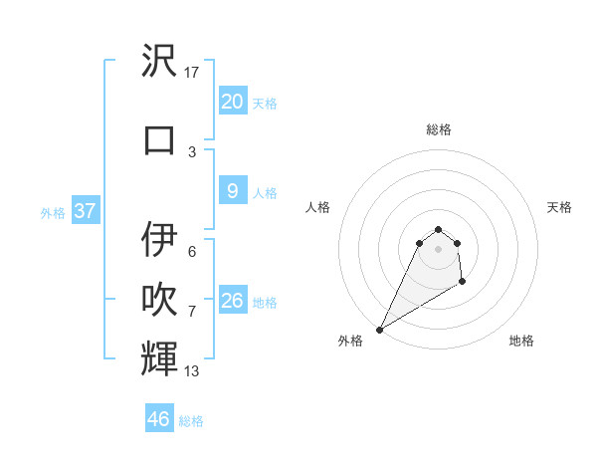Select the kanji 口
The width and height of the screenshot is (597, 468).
[160, 139]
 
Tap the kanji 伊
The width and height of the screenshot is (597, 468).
[160, 240]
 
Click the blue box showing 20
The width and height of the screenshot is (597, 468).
[232, 102]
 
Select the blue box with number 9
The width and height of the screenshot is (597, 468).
[232, 191]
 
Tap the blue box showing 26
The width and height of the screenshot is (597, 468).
[232, 301]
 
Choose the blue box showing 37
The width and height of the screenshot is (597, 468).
[86, 211]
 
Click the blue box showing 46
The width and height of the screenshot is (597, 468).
[159, 419]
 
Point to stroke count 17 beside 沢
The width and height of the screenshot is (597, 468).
[192, 73]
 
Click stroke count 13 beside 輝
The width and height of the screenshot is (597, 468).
[192, 371]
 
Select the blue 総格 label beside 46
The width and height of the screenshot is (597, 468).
[191, 421]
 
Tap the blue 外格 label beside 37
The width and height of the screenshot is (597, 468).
[53, 212]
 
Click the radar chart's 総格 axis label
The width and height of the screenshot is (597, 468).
[439, 129]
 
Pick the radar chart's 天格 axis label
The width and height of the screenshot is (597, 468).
[560, 207]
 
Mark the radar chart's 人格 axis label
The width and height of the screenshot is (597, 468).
[317, 207]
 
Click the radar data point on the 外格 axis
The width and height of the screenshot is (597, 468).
[379, 329]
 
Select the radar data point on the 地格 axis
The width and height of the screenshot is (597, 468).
[462, 283]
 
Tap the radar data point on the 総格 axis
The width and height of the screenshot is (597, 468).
[439, 228]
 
